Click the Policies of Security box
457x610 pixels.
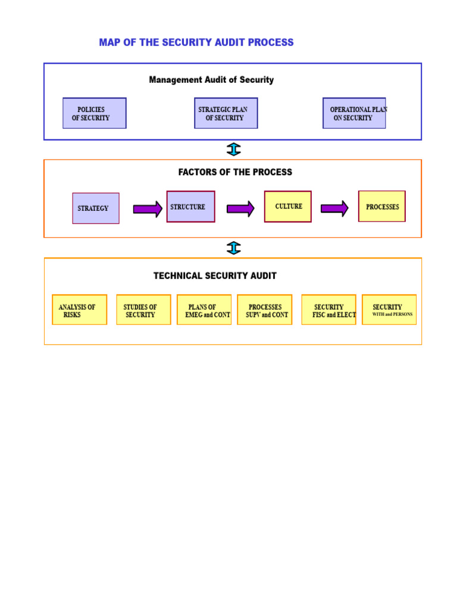[x=95, y=113]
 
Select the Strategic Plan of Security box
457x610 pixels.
[x=226, y=113]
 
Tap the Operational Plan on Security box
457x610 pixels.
[x=355, y=113]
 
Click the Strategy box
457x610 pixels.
[x=96, y=208]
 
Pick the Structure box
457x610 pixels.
[x=191, y=207]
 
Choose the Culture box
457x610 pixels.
[x=288, y=207]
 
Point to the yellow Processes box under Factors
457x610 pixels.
[x=382, y=206]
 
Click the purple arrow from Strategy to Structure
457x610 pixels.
[x=148, y=209]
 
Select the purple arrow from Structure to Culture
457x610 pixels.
[x=241, y=209]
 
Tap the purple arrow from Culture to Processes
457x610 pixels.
[x=334, y=208]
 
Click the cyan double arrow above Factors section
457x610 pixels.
[x=233, y=150]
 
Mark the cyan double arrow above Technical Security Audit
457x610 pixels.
[x=233, y=248]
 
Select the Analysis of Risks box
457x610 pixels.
[x=80, y=310]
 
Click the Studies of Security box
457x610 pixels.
[x=144, y=310]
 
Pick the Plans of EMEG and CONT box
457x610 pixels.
[x=204, y=310]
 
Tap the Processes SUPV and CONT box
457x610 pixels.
[x=265, y=310]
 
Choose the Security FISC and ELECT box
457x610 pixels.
[x=328, y=310]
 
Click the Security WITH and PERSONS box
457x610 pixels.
[x=389, y=310]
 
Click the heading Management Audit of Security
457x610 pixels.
[x=211, y=80]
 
